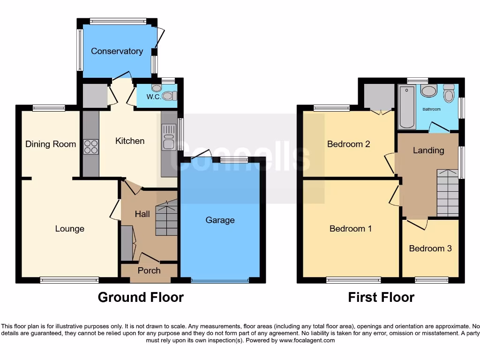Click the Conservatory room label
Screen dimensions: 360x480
point(117,51)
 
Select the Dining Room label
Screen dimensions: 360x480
point(51,144)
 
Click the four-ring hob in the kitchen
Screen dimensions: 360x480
point(90,147)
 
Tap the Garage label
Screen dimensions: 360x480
point(220,220)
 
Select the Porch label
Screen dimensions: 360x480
point(149,270)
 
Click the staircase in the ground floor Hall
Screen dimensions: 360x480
point(167,218)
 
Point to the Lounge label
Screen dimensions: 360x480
point(70,229)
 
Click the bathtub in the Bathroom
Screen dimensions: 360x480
point(406,107)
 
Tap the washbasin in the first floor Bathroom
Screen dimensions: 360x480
point(428,91)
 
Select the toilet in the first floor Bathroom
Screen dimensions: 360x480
point(449,93)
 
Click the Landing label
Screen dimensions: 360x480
point(428,150)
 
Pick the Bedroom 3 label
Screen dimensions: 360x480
point(430,248)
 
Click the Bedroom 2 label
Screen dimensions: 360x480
point(349,144)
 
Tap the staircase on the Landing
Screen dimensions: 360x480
point(447,193)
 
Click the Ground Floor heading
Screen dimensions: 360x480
point(141,297)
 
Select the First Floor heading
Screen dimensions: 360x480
point(381,297)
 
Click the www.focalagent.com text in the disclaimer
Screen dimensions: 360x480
point(307,340)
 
